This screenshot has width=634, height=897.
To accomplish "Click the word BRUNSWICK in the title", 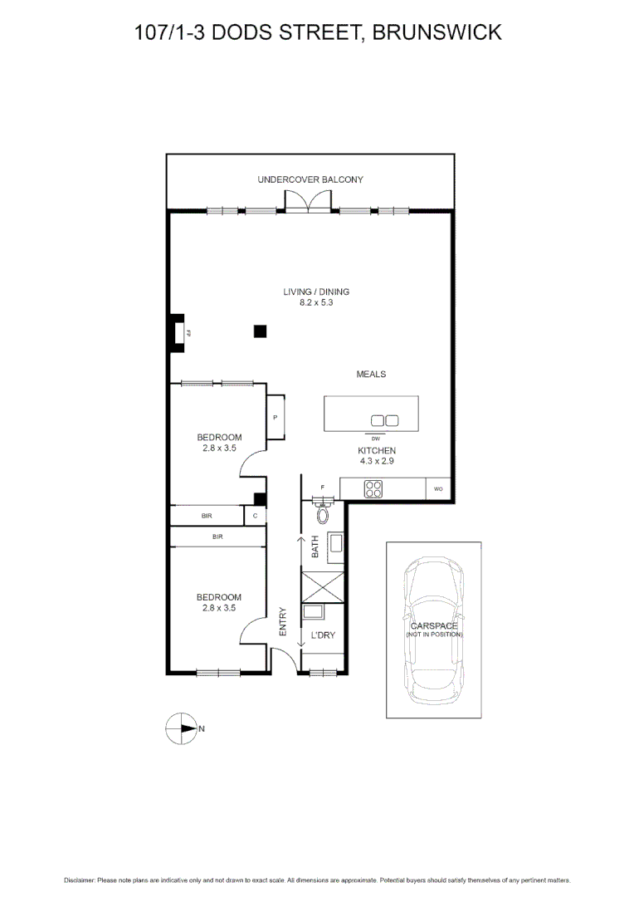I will [436, 32].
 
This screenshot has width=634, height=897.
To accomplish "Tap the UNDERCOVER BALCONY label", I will [310, 179].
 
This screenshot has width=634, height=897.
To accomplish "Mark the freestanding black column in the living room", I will [260, 331].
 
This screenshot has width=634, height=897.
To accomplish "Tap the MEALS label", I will [371, 375].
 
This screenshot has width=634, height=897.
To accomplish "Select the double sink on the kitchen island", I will [384, 420].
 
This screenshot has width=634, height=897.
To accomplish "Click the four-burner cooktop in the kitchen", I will [373, 490].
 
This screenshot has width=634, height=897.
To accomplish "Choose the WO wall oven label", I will [438, 490].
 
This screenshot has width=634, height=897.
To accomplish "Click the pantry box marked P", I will [276, 417].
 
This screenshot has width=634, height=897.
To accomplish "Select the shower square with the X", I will [322, 587].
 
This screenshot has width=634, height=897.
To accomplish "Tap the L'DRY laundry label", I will [322, 637].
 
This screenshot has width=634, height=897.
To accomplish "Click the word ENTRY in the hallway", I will [283, 621].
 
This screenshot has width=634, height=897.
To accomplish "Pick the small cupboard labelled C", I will [255, 516].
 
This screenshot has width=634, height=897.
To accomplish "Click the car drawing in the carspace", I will [433, 630].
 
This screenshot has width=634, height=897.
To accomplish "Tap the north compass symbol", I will [180, 728].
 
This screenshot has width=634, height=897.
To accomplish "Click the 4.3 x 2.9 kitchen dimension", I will [371, 461].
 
